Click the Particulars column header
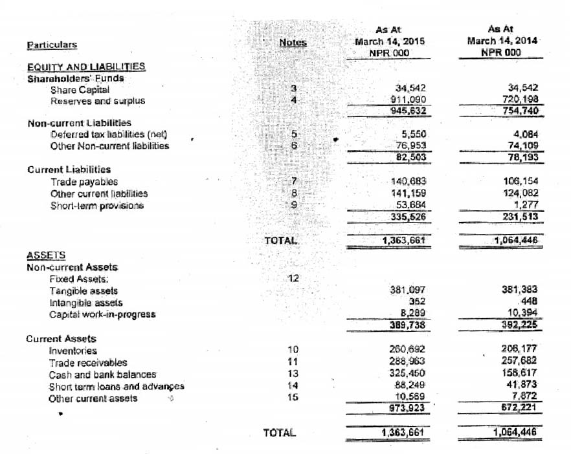[x=52, y=45]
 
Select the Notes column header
[x=293, y=43]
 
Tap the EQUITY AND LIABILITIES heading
[x=86, y=67]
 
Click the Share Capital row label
[x=80, y=90]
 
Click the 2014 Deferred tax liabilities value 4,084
[x=525, y=135]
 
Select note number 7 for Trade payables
[x=294, y=181]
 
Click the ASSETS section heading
[x=46, y=255]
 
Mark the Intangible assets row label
[x=86, y=303]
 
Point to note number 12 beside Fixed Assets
[x=293, y=279]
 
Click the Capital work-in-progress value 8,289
[x=414, y=314]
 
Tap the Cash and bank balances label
[x=102, y=374]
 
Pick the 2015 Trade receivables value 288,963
[x=409, y=362]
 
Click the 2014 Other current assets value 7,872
[x=525, y=397]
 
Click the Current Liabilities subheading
[x=69, y=169]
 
